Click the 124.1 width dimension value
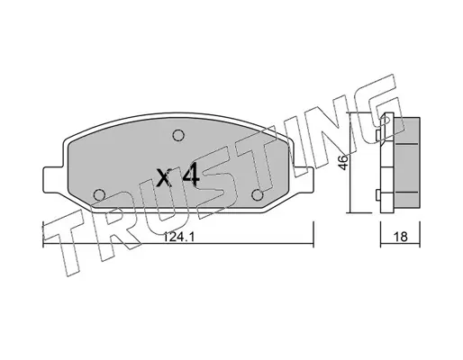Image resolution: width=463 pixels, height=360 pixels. click(x=178, y=238)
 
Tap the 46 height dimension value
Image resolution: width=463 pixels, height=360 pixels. click(x=344, y=162)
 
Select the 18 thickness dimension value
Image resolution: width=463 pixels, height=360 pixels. click(x=401, y=237)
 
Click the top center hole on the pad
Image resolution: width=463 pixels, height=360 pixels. click(x=178, y=135)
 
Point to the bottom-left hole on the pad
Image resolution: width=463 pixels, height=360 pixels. click(x=99, y=195)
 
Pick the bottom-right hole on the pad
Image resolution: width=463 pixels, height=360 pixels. click(x=258, y=195)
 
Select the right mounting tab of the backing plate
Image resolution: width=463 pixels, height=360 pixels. click(x=303, y=180)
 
